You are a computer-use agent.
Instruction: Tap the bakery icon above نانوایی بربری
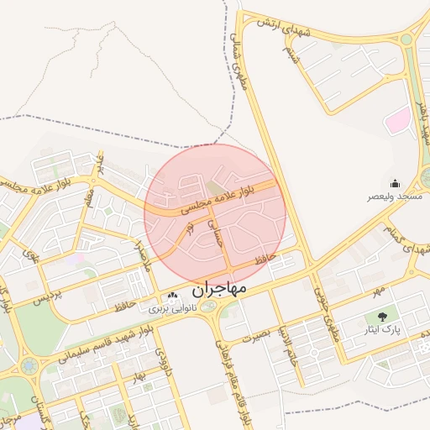(172, 295)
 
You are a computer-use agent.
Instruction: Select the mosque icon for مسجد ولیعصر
(395, 183)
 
